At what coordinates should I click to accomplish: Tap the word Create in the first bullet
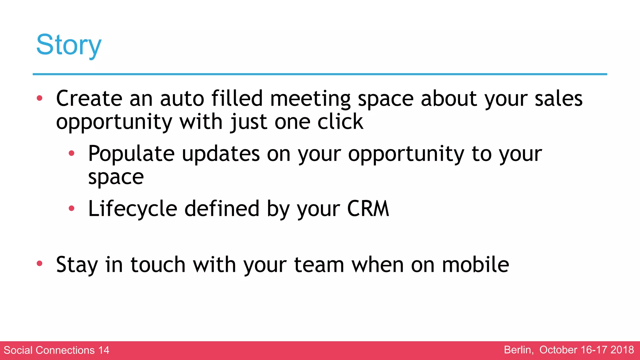pos(89,99)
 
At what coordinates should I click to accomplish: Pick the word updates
pos(221,154)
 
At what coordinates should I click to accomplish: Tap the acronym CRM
pos(368,209)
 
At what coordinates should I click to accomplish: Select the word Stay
pos(77,265)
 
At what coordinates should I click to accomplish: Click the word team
pos(319,265)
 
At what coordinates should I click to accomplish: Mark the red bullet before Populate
pos(72,153)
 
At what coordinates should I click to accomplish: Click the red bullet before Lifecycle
pos(72,208)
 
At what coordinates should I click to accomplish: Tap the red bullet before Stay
pos(39,263)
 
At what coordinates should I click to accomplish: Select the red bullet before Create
pos(39,98)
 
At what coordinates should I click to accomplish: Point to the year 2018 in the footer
pos(622,350)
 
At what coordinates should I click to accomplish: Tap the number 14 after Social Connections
pos(104,350)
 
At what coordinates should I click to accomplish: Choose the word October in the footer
pos(558,350)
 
